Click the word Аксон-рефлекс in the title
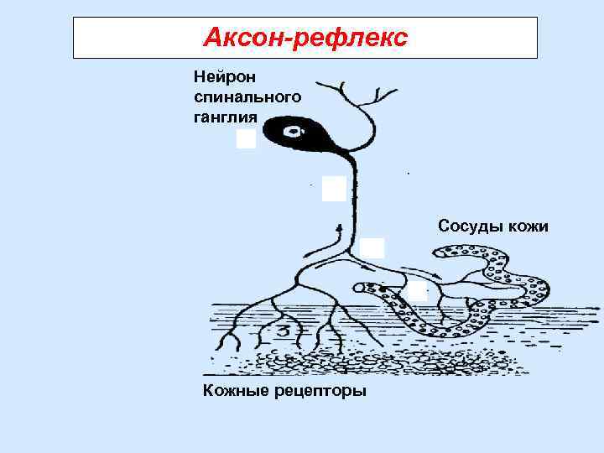point(305,38)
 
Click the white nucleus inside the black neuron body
point(293,131)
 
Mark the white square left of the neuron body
point(246,138)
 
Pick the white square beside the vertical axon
point(334,189)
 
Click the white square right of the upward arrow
point(372,248)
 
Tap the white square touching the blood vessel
point(417,291)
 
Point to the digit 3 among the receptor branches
point(283,330)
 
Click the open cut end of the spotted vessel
point(359,288)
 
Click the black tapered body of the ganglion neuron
point(306,134)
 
